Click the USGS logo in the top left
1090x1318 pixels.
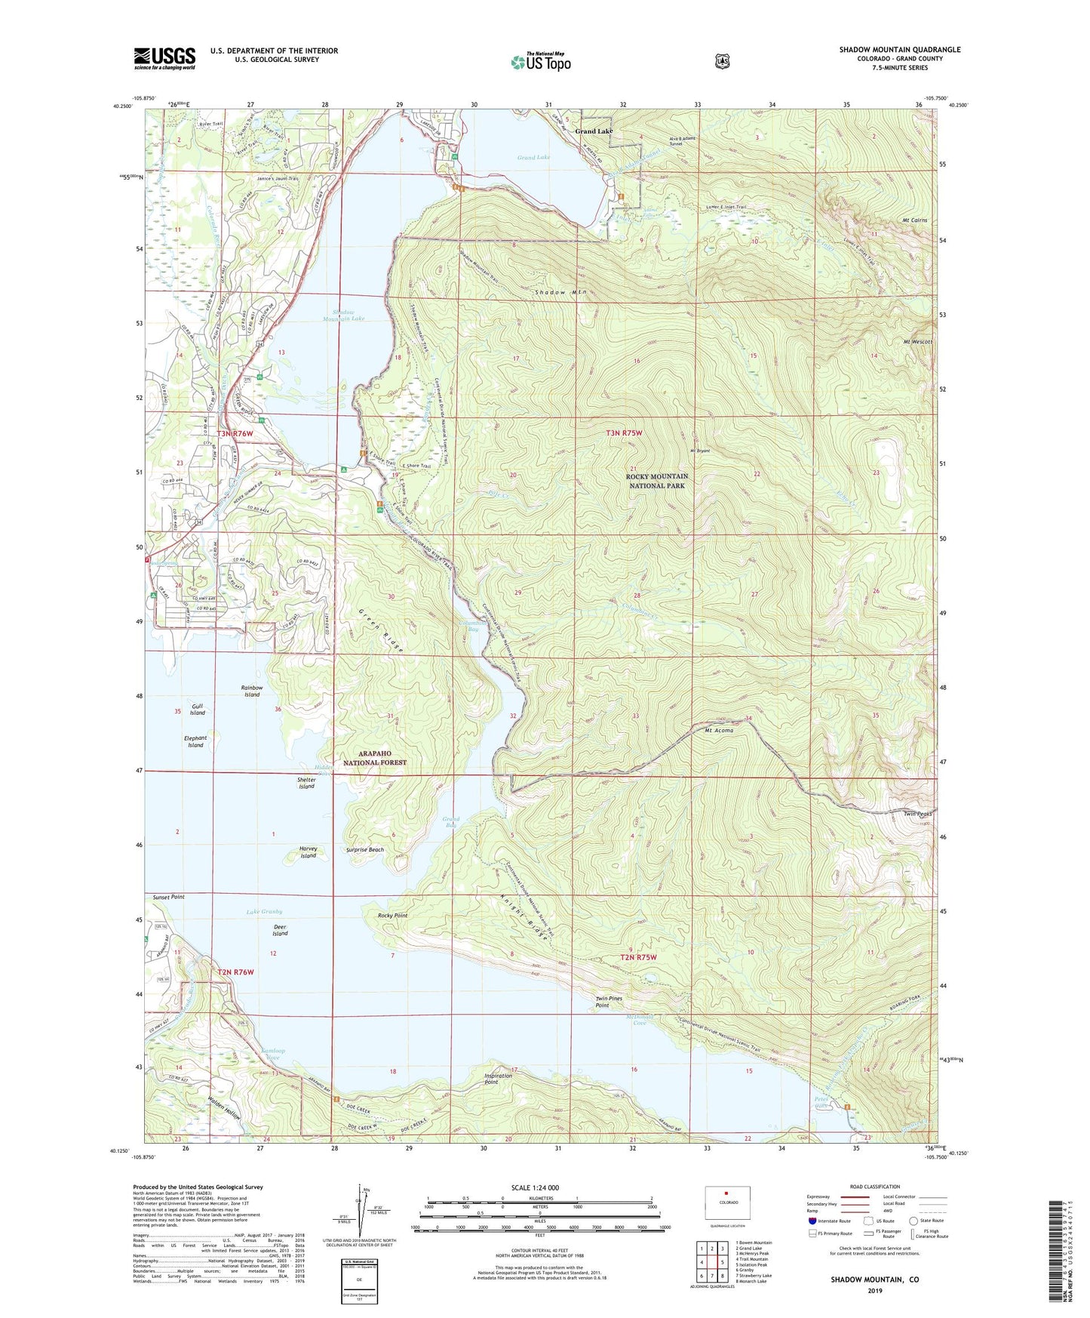[164, 58]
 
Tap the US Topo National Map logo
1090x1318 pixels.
[539, 61]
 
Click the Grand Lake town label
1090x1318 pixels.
[594, 131]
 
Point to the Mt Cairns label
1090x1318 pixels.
[913, 220]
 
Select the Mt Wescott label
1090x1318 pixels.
[918, 342]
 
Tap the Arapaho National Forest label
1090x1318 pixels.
[375, 758]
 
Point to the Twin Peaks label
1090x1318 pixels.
[918, 814]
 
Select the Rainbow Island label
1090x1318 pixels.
[252, 691]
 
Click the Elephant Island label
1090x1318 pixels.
[195, 741]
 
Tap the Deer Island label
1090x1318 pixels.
[280, 929]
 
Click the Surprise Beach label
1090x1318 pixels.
[365, 849]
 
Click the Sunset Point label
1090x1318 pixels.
[168, 897]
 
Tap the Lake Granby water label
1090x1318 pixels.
[264, 912]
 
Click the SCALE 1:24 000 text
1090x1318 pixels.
[535, 1187]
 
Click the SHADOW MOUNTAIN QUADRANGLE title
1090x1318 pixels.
[900, 50]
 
